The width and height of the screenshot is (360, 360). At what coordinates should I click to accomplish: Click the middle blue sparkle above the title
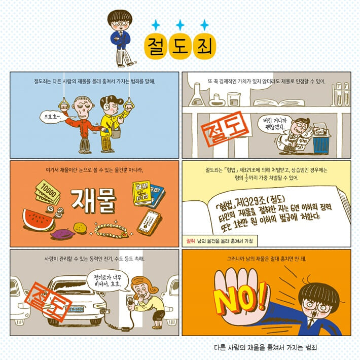pos(179,24)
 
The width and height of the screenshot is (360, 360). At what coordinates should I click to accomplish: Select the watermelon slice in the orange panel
pos(39,219)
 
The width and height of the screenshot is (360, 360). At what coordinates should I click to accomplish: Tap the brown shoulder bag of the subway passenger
pos(116,133)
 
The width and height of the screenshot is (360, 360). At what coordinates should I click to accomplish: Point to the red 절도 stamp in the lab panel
pos(223,128)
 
